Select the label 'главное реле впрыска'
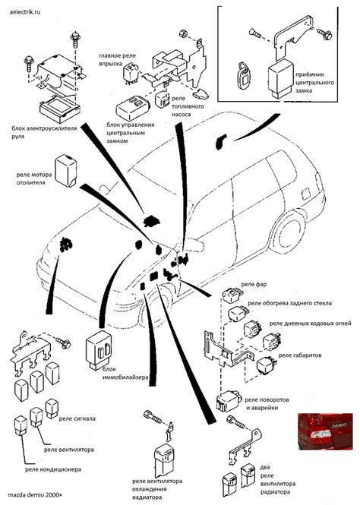119,60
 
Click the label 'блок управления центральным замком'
130,132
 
